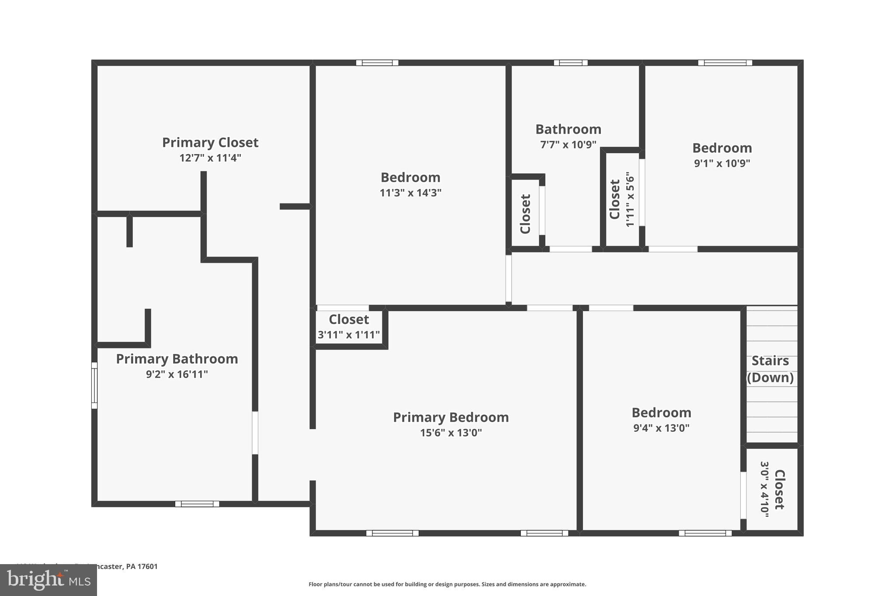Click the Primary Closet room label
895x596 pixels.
pos(210,142)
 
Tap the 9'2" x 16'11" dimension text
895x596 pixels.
pos(177,374)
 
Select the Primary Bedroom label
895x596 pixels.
pos(451,417)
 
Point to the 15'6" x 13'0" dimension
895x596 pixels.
pos(451,433)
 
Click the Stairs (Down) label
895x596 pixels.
pos(770,369)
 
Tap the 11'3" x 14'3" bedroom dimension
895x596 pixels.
pos(410,193)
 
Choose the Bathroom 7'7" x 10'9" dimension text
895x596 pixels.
pos(568,145)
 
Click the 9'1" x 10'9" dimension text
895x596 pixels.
pos(722,163)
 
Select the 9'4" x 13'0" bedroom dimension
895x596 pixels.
pos(661,428)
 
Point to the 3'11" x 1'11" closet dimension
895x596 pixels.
pos(348,335)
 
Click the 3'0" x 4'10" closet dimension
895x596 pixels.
pos(764,489)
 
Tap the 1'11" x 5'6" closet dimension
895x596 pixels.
pos(629,199)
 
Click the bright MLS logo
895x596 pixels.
pos(49,580)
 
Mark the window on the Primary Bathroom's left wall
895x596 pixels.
pos(94,386)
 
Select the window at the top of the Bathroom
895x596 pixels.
pos(570,63)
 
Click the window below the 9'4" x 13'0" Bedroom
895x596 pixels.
pos(705,533)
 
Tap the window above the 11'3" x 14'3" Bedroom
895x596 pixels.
pos(377,63)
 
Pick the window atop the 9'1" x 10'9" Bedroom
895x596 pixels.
pos(725,63)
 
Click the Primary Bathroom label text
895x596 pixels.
pos(177,359)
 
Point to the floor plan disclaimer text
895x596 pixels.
pos(447,584)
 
